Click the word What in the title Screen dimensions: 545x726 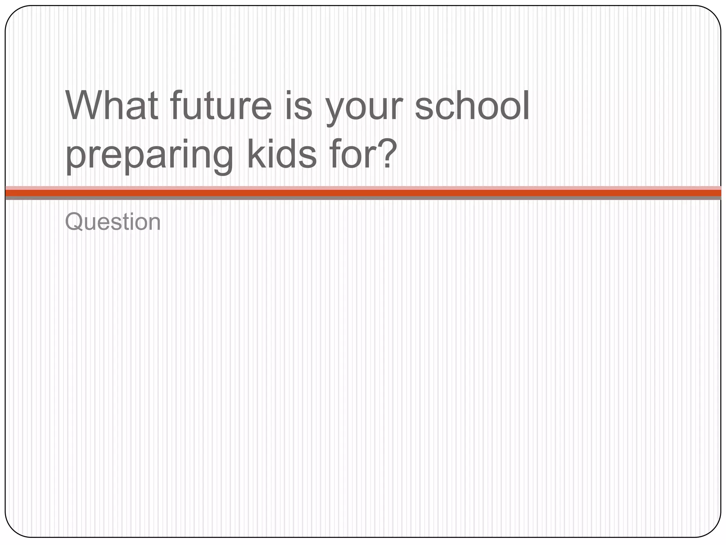[x=112, y=106]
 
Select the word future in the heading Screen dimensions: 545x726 [x=220, y=106]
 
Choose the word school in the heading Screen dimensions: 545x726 [x=471, y=106]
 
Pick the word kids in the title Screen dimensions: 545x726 [x=281, y=153]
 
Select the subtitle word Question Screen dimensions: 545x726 [x=113, y=222]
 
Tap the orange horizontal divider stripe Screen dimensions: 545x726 [x=363, y=193]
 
